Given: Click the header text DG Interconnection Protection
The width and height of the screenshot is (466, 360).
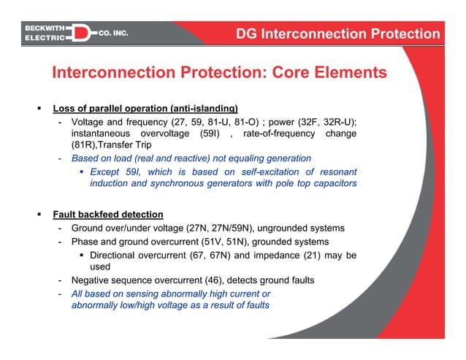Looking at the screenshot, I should (x=338, y=34).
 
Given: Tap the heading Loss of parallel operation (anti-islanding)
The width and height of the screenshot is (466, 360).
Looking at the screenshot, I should (x=145, y=109).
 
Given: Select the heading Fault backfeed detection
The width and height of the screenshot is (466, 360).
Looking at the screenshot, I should (x=107, y=215).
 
